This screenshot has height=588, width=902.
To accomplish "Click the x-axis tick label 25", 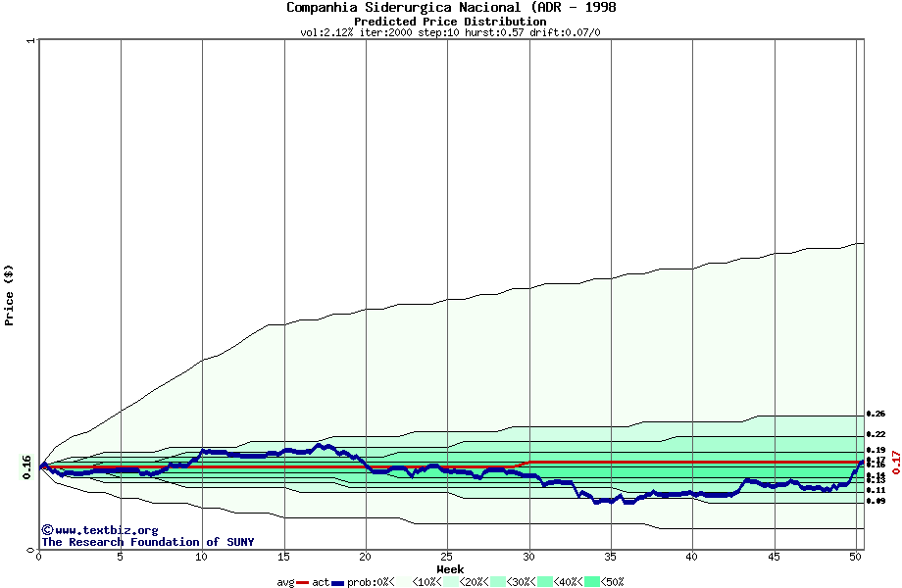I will click(x=447, y=557).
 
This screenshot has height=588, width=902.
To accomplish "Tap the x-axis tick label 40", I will click(x=692, y=557).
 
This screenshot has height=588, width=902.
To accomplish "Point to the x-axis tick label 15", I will click(x=284, y=557).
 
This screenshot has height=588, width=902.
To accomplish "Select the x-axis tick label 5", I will click(x=121, y=557).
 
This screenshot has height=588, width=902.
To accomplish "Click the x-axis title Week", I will click(x=450, y=568).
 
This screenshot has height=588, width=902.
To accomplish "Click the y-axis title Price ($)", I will click(x=9, y=295).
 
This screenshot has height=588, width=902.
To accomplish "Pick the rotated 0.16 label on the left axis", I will click(x=27, y=467).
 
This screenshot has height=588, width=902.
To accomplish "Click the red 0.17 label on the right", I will click(x=895, y=462).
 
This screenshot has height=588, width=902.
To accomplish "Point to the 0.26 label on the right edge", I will click(x=876, y=415).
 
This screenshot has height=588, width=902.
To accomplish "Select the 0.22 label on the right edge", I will click(x=876, y=434).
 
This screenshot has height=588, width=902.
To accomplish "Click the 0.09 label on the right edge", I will click(x=876, y=501).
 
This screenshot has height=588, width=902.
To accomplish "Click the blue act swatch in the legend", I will click(x=337, y=581).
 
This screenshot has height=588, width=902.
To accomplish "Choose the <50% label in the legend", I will click(x=613, y=581).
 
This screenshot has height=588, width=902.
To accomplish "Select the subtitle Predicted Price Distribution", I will click(x=450, y=21).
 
